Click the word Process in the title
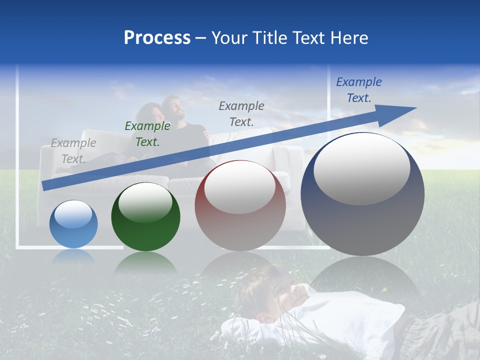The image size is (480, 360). [157, 38]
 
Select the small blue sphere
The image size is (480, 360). [73, 224]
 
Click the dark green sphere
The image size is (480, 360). [145, 217]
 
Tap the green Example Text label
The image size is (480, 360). [147, 134]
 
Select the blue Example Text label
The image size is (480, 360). [359, 90]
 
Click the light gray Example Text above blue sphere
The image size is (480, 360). [73, 151]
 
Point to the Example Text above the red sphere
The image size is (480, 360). [241, 113]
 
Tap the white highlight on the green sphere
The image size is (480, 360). [145, 202]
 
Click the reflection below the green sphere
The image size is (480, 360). [145, 262]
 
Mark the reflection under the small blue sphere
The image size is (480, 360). [73, 256]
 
